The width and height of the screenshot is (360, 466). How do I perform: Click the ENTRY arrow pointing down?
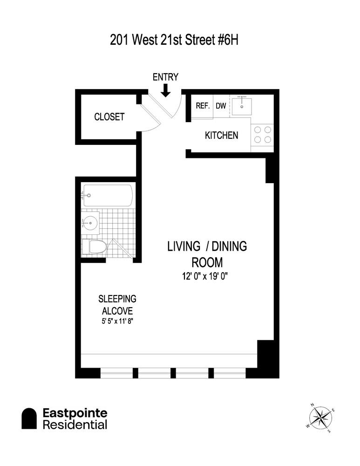point(165,90)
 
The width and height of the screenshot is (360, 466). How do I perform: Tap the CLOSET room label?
point(109,117)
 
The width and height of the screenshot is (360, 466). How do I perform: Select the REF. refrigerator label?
point(203,105)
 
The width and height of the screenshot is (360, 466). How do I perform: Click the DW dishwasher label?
point(221,105)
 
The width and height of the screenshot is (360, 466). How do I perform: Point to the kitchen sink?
point(242,105)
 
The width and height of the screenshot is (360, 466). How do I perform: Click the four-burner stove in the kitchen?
point(263,135)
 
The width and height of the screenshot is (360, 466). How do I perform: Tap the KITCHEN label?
point(222,136)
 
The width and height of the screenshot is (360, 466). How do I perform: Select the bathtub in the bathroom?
point(108,195)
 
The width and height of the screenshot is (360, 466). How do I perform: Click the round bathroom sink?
point(90,222)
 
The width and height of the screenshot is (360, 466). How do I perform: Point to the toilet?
point(94,247)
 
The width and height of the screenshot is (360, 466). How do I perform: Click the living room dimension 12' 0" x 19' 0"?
point(205,276)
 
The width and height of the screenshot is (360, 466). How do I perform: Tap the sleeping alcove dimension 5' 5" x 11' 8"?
point(117,321)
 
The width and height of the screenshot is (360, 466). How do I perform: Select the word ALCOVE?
point(117,311)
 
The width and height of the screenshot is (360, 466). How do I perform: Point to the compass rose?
point(319,417)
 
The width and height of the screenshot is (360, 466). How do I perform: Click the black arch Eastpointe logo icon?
point(29,418)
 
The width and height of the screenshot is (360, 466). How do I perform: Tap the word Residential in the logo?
point(75,425)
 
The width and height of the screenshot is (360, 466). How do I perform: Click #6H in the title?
point(228,40)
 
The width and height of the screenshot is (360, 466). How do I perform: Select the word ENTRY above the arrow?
point(165,77)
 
